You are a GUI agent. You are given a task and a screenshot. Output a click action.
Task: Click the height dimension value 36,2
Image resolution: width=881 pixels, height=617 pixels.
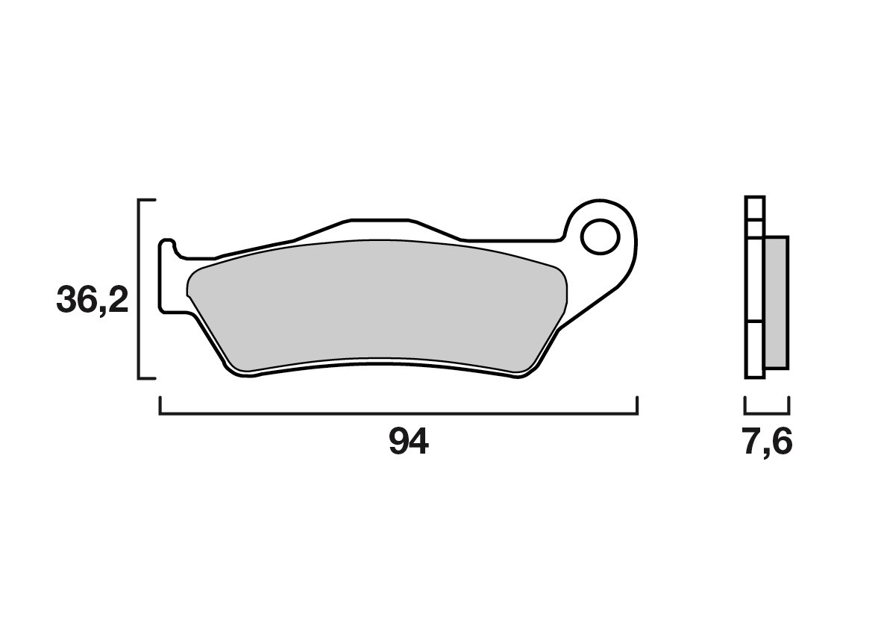coord(93,301)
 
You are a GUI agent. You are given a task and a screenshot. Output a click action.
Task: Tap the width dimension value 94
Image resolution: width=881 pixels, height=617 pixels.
coord(409,443)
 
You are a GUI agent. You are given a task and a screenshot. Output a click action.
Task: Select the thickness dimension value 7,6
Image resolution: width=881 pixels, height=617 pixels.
coord(767,443)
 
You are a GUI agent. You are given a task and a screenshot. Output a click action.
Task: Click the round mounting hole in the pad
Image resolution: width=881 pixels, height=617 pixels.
coord(601,237)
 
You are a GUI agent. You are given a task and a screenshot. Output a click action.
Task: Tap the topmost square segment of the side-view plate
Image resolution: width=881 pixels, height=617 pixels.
coord(755,207)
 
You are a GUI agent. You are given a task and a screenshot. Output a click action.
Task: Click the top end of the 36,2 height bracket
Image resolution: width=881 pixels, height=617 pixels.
coord(148,201)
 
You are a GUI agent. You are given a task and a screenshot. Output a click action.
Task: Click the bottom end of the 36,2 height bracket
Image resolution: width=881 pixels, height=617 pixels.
coord(148,378)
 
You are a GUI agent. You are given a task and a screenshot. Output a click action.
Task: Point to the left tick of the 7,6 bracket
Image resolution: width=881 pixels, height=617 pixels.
coord(746,405)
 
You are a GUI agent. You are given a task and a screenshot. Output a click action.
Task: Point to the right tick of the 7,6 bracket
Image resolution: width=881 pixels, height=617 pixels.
coord(788,405)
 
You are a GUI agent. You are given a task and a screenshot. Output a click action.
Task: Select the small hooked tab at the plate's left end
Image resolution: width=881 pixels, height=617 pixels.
coord(167,246)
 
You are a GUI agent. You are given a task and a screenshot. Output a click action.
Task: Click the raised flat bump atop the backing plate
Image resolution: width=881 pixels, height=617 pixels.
coord(379,221)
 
